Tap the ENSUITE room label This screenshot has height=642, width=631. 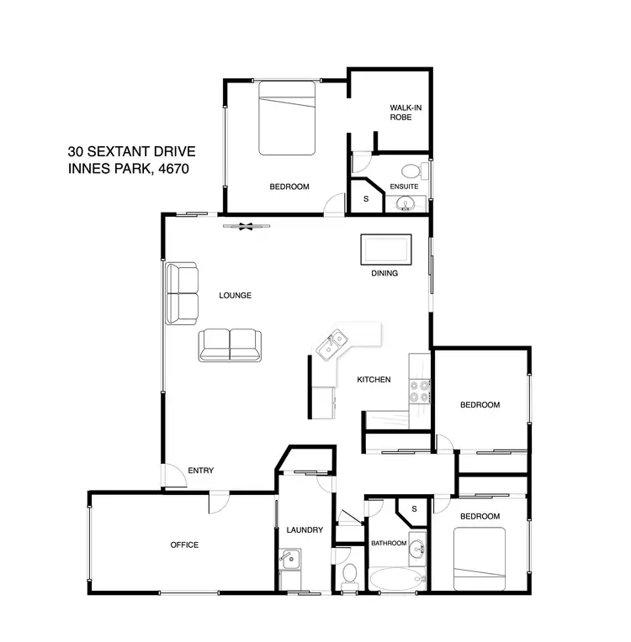404,186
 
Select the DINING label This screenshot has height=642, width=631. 384,273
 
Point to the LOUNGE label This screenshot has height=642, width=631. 236,295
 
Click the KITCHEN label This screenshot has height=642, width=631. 374,380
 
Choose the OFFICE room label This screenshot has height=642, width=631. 184,545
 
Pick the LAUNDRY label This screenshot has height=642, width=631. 305,530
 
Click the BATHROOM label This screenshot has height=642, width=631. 389,544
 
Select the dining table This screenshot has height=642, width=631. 386,250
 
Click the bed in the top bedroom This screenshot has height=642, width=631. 286,118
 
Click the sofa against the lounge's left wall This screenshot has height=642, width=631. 182,293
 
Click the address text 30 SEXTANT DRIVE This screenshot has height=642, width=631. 131,152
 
